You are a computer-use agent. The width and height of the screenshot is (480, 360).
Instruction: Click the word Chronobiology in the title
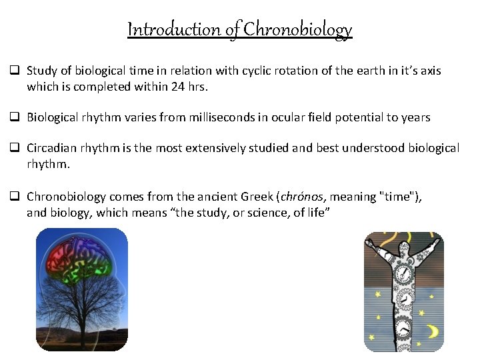pos(297,30)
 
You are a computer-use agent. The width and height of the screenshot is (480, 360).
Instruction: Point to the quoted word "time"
pos(399,197)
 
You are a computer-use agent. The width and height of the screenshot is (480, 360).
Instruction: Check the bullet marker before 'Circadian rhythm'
pos(13,148)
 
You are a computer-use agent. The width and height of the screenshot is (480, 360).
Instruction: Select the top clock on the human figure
pos(403,274)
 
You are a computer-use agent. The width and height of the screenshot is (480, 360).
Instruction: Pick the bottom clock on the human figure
pos(403,329)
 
